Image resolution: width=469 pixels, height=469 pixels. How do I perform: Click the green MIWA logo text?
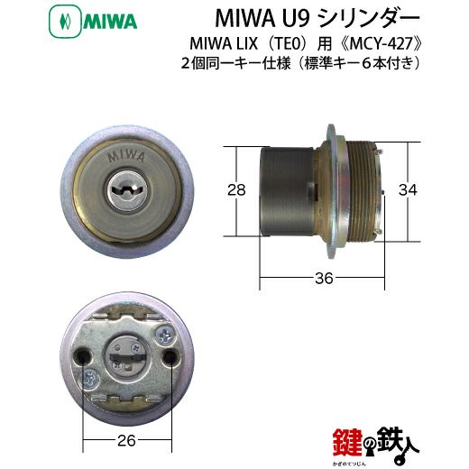110,22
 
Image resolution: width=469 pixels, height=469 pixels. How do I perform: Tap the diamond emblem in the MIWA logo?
65,22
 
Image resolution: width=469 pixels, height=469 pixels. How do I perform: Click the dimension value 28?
236,190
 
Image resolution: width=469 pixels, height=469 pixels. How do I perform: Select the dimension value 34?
408,190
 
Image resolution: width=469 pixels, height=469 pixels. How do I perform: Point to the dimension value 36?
324,278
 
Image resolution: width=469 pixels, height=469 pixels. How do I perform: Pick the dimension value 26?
126,441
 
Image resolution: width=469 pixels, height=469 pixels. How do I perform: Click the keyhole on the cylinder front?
127,190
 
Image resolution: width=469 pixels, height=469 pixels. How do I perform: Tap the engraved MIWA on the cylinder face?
126,156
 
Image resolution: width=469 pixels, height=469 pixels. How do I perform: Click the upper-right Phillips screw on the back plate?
165,335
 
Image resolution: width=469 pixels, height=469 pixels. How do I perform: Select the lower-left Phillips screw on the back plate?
89,380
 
